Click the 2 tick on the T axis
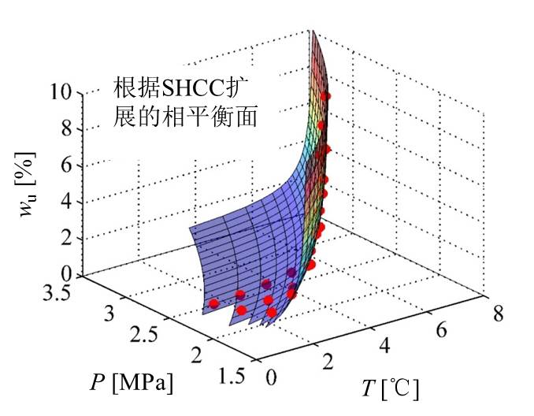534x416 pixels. click(x=328, y=360)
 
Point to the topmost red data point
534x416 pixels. click(x=327, y=96)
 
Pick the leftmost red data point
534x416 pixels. click(x=213, y=303)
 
